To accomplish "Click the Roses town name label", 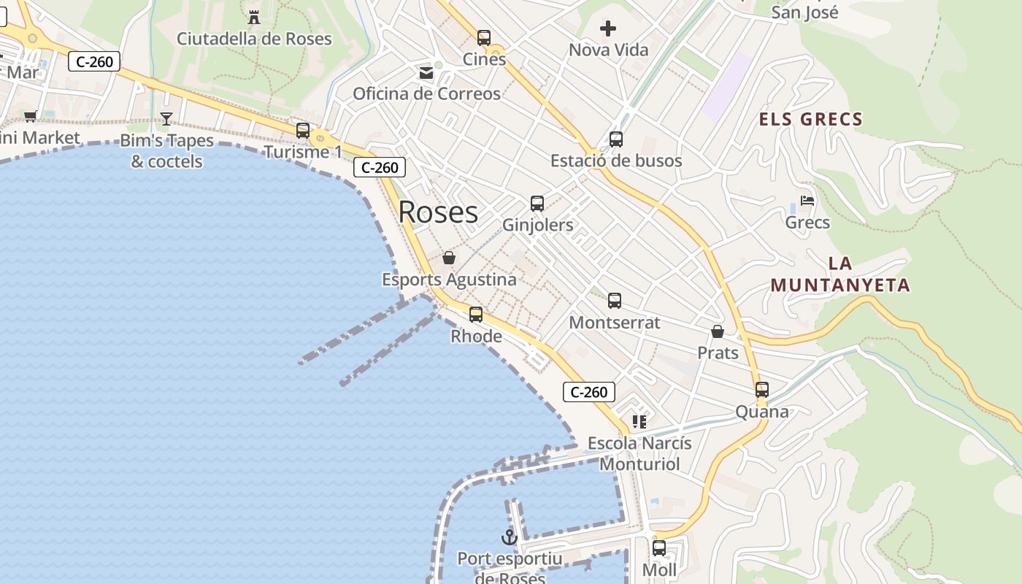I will point(438,212).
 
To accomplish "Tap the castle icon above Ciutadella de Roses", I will point(254,17).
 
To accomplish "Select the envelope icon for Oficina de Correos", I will point(426,72).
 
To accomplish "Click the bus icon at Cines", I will point(484,38).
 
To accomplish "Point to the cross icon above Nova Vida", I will point(608,28).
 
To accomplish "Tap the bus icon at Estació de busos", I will point(616,139).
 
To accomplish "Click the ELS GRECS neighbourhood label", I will point(811,119).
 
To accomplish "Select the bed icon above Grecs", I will point(807,201).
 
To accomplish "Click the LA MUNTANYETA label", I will point(840,274).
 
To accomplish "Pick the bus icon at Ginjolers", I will point(537,204).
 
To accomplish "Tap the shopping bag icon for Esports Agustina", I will point(449,258).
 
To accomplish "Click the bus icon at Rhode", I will point(476,315).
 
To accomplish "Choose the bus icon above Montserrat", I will point(615,301).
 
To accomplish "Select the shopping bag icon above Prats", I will point(718,331).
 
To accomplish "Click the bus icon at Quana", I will point(762,390).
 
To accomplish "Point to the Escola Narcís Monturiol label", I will point(639,453).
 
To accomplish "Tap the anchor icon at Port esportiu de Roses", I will point(509,538).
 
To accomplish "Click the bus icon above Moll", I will point(659,548).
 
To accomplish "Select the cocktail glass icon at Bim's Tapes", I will point(166,119).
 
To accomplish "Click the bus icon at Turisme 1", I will point(303,131).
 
